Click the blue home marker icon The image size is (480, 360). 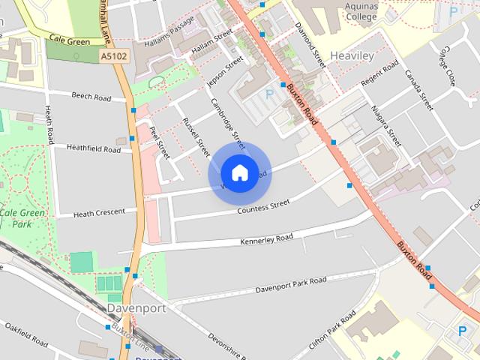click(239, 173)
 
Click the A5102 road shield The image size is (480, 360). click(113, 56)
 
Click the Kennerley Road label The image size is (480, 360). click(266, 240)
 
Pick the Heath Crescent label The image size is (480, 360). click(99, 213)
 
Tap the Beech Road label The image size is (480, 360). click(91, 97)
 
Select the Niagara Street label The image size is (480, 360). click(385, 125)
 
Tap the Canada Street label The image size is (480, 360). click(419, 91)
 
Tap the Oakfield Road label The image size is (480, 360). click(26, 334)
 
